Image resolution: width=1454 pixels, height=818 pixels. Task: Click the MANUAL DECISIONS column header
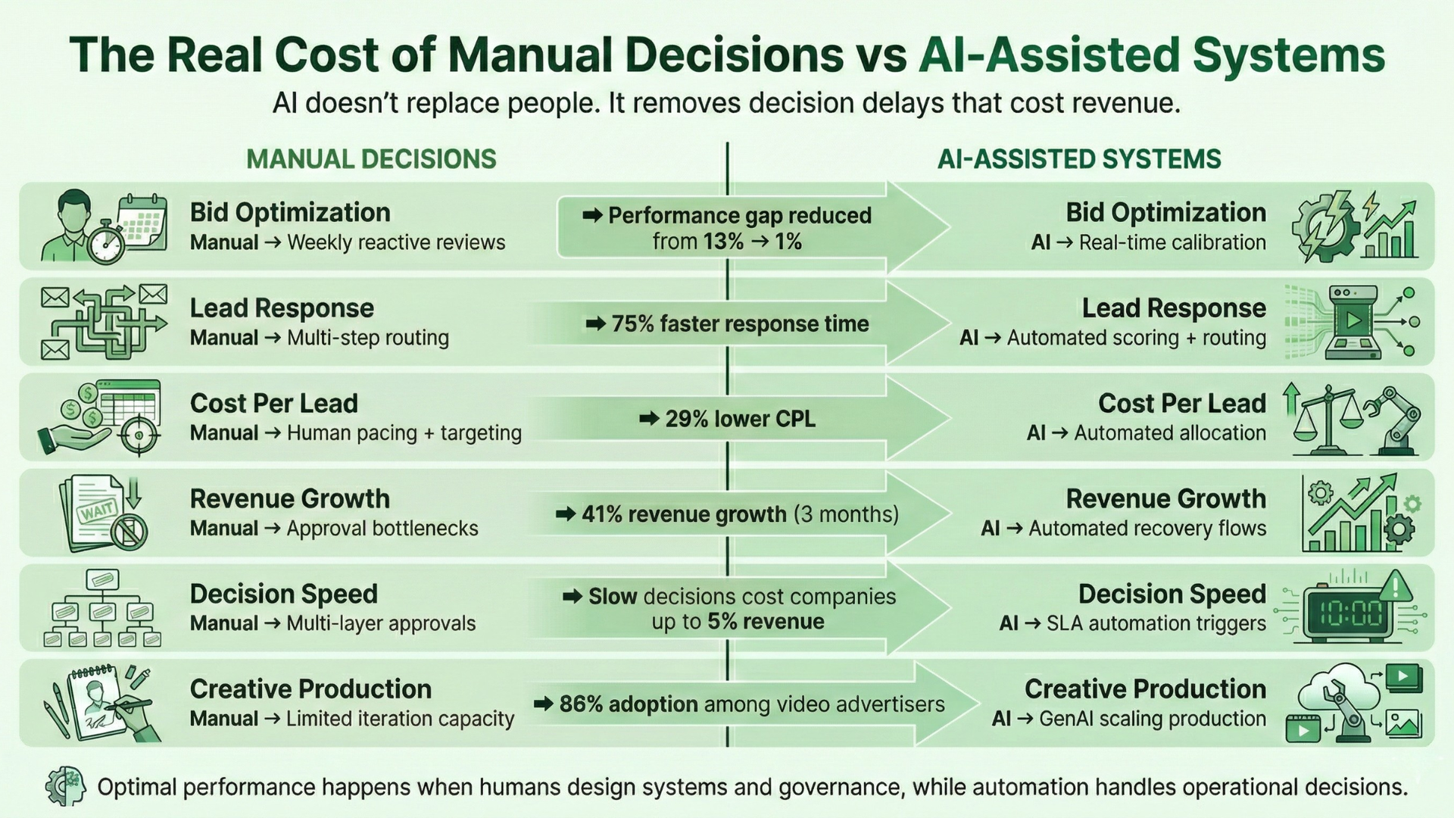371,159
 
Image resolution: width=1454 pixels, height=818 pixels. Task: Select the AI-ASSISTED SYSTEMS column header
1079,159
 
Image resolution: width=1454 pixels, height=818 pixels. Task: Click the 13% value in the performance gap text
723,242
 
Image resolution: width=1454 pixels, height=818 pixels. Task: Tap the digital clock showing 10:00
1349,614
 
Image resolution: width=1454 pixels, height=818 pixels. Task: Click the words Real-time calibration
1172,243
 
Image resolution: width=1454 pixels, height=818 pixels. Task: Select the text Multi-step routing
367,338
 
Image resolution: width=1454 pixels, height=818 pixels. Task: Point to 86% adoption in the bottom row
628,704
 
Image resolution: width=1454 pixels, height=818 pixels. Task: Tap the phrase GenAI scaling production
1152,719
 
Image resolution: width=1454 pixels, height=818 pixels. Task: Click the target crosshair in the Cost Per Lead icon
138,436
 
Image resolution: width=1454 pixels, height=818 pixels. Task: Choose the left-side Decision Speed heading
283,595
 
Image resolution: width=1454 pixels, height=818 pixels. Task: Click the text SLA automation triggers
1156,623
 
